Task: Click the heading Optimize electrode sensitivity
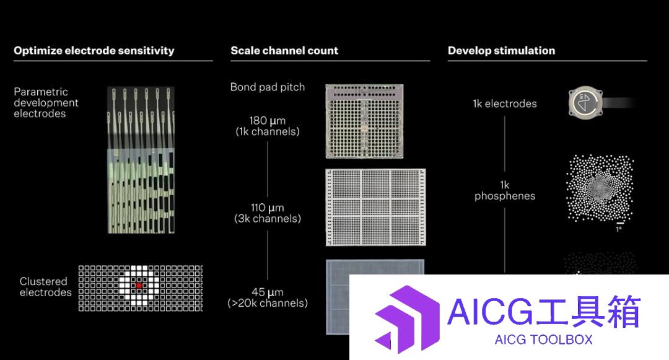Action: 94,51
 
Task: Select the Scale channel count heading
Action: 284,51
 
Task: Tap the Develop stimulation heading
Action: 501,51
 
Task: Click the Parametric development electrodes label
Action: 46,103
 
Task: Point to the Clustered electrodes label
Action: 45,287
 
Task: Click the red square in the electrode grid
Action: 139,286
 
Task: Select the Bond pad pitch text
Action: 268,87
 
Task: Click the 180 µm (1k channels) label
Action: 268,126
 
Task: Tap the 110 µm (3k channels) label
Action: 268,213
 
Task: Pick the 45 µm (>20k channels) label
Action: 268,297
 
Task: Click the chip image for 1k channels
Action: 364,121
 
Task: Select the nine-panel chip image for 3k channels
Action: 375,208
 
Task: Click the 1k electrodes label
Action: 505,103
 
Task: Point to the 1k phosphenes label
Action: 505,190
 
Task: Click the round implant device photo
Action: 585,103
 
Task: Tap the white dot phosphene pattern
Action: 600,188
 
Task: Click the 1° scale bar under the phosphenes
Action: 620,223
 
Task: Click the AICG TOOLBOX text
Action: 544,340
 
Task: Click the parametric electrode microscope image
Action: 141,160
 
